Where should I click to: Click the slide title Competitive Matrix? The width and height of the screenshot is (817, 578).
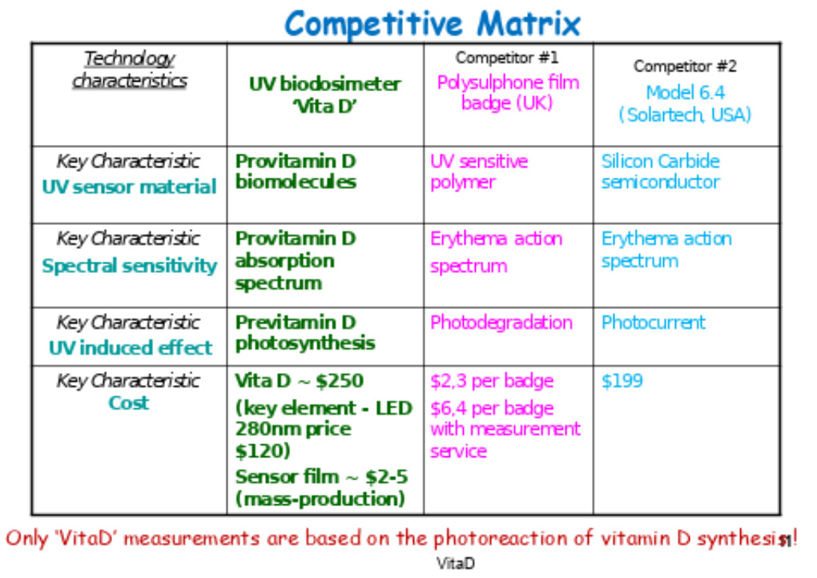432,24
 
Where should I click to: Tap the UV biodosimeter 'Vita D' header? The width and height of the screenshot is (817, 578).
325,94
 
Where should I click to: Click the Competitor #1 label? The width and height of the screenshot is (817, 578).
506,58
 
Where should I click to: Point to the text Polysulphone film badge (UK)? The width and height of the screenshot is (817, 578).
508,93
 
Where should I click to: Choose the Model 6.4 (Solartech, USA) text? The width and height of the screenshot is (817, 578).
685,103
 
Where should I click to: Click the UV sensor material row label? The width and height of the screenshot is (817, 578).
129,187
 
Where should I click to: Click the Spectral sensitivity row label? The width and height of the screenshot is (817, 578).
129,266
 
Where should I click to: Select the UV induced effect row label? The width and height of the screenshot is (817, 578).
131,347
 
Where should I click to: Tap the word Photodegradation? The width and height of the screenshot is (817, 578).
501,323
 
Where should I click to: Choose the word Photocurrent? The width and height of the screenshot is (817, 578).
654,323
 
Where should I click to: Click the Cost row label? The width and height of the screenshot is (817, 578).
129,403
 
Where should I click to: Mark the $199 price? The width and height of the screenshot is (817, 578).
622,380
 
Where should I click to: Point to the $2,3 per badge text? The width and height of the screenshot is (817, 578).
492,381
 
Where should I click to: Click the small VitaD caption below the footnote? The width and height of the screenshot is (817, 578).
456,563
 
